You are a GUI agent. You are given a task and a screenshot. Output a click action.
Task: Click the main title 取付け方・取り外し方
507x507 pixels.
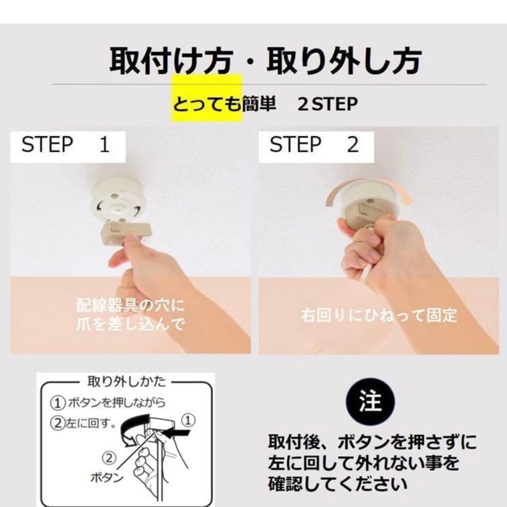pyautogui.click(x=265, y=61)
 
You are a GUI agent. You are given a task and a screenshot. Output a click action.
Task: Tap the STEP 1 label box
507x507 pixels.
pyautogui.click(x=68, y=147)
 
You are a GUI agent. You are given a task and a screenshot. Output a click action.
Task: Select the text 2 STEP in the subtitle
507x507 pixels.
pyautogui.click(x=327, y=104)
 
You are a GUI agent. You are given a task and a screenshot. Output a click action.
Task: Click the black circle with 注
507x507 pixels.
pyautogui.click(x=370, y=402)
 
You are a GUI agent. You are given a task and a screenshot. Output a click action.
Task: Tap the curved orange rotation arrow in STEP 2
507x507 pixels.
pyautogui.click(x=369, y=187)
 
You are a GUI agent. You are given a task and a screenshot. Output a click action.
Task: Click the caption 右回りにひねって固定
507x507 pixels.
pyautogui.click(x=379, y=315)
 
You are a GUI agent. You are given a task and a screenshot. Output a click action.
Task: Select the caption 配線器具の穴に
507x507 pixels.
pyautogui.click(x=130, y=305)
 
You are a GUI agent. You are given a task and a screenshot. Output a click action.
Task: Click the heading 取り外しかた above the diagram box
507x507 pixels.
pyautogui.click(x=126, y=382)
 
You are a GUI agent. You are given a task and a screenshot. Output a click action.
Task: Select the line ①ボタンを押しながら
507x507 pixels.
pyautogui.click(x=108, y=403)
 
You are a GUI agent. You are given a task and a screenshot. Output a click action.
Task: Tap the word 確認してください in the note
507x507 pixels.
pyautogui.click(x=338, y=484)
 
